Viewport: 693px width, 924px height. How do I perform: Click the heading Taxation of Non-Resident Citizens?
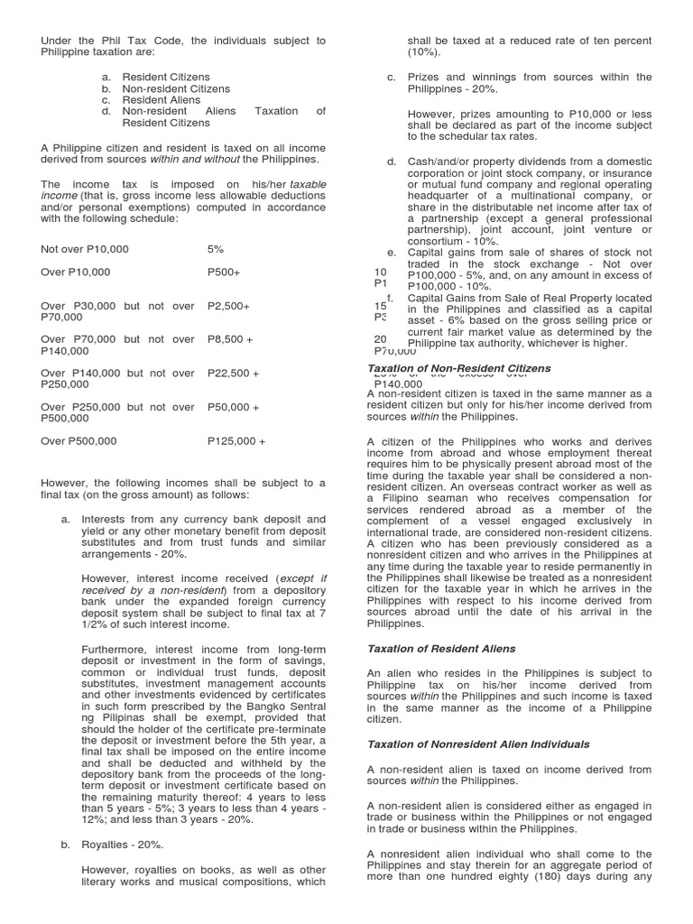[459, 369]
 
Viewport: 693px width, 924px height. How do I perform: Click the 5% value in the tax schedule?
[216, 249]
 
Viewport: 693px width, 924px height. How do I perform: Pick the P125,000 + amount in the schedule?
[236, 441]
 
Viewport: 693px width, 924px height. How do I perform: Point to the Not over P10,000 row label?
[85, 249]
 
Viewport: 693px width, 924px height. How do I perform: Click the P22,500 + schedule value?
[233, 373]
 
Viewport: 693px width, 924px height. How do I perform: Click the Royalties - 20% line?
[121, 845]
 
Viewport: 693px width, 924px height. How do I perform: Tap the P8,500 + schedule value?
[230, 339]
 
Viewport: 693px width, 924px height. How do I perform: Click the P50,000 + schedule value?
[233, 407]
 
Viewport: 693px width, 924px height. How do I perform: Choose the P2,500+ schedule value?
[228, 306]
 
